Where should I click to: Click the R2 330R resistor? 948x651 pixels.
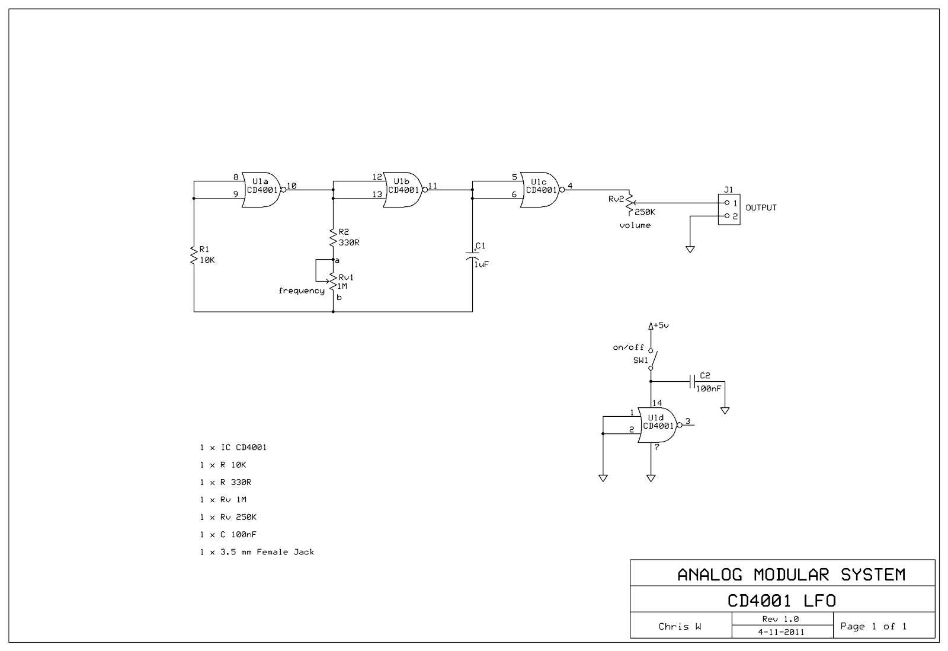tap(333, 238)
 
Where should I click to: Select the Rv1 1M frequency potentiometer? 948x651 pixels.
tap(333, 282)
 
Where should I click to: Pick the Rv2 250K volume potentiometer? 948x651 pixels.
tap(629, 203)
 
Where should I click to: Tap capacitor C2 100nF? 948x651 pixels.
tap(693, 382)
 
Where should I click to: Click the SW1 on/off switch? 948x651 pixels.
tap(652, 359)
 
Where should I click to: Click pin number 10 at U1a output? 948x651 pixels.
tap(292, 186)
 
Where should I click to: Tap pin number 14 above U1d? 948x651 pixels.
tap(657, 403)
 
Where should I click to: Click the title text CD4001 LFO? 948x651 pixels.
tap(782, 601)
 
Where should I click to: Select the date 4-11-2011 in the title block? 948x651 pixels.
tap(781, 632)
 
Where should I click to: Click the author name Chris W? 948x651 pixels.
tap(680, 626)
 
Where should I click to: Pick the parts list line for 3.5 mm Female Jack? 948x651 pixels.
tap(257, 552)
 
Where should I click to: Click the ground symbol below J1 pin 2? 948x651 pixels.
tap(690, 250)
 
